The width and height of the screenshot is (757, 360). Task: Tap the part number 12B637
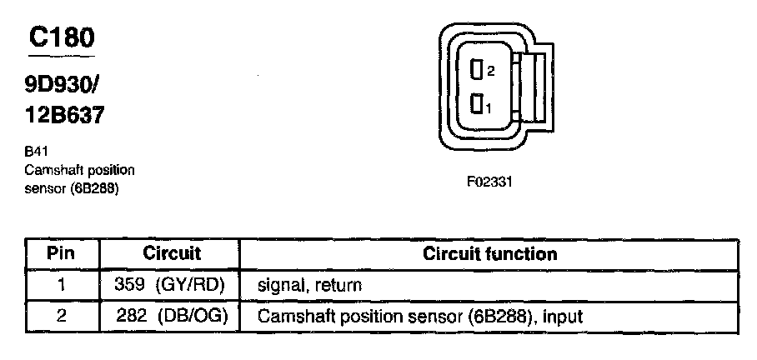point(65,115)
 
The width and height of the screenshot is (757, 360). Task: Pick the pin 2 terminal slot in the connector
point(478,71)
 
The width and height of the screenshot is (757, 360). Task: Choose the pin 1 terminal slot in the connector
point(478,105)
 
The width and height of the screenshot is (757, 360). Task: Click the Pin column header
point(62,253)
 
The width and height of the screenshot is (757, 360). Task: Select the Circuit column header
point(172,253)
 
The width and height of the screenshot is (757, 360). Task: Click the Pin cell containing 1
point(62,285)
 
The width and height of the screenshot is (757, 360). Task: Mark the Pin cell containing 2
point(62,317)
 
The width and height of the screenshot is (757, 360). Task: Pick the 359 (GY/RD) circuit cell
point(172,285)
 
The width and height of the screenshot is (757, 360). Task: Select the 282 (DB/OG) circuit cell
point(172,317)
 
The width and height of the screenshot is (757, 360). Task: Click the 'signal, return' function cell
point(310,285)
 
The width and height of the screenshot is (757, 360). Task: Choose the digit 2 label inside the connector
point(491,72)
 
